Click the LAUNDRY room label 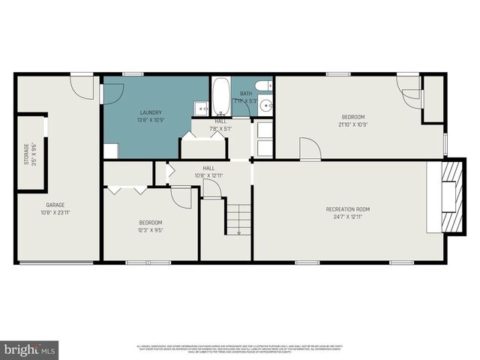pyautogui.click(x=151, y=112)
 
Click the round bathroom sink pyautogui.click(x=265, y=106)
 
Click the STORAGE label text pyautogui.click(x=26, y=154)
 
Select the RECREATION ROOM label pyautogui.click(x=347, y=208)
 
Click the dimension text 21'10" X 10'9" pyautogui.click(x=353, y=124)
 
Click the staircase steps pyautogui.click(x=238, y=218)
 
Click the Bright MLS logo pyautogui.click(x=30, y=349)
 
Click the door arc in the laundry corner pyautogui.click(x=112, y=94)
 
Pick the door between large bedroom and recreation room pyautogui.click(x=310, y=149)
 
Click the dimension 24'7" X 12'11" pyautogui.click(x=347, y=217)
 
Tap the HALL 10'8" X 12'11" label pyautogui.click(x=209, y=172)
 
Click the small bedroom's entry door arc pyautogui.click(x=181, y=197)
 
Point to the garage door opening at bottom pyautogui.click(x=57, y=262)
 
